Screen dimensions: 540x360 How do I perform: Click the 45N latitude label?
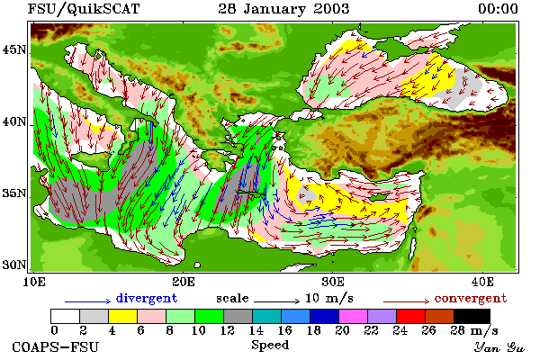[x=14, y=50]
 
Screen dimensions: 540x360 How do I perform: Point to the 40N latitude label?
[x=14, y=122]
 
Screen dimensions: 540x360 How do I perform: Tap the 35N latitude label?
[x=14, y=193]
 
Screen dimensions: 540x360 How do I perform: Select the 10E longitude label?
[x=34, y=282]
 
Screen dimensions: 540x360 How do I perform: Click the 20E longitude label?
[x=184, y=282]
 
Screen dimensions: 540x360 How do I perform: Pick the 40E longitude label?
[x=482, y=282]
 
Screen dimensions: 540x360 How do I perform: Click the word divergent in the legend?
[x=147, y=298]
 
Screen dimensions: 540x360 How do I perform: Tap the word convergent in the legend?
[x=471, y=298]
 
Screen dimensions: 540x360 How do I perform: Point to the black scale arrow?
[x=277, y=301]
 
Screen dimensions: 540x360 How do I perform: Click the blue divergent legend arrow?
[x=88, y=301]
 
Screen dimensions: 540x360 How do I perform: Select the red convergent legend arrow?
[x=407, y=301]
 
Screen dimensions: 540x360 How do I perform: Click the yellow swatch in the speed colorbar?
[x=123, y=316]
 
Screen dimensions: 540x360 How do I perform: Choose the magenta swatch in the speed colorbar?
[x=354, y=316]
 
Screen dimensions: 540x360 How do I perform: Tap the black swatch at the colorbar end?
[x=472, y=316]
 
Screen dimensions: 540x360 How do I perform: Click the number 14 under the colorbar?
[x=256, y=330]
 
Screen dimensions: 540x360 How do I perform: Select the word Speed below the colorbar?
[x=270, y=346]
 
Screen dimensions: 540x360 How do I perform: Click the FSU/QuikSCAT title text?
[x=84, y=9]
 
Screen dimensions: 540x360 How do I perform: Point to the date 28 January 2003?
[x=283, y=9]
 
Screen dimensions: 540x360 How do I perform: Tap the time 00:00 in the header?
[x=498, y=9]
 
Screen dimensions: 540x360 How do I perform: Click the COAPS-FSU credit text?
[x=56, y=346]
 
